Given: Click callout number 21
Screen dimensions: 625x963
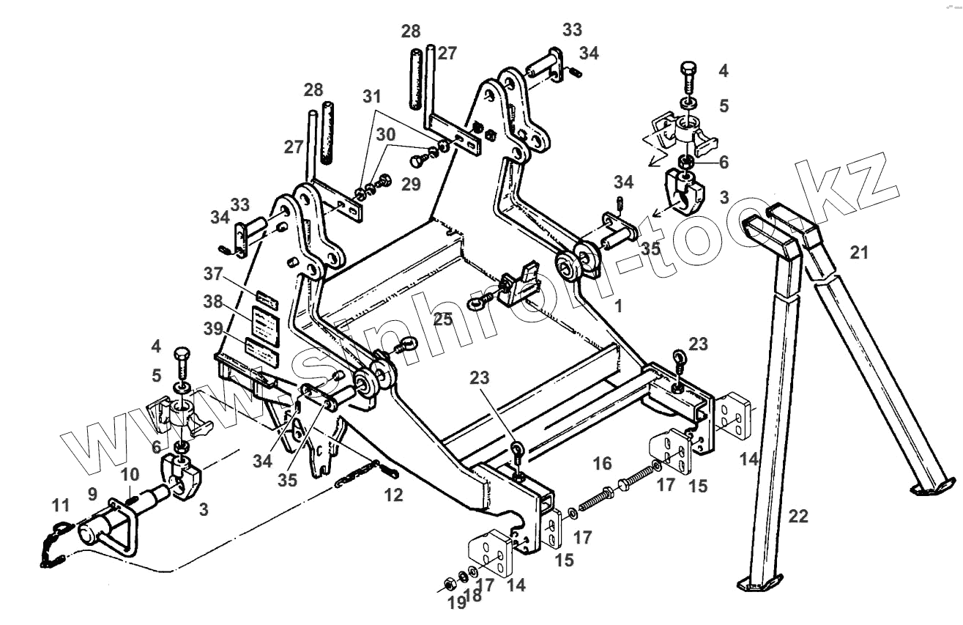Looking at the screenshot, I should tap(858, 253).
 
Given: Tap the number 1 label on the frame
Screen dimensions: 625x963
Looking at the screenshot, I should tap(618, 306).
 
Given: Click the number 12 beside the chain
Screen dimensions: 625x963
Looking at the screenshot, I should tap(393, 495).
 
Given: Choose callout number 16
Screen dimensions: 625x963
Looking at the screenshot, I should tap(602, 463).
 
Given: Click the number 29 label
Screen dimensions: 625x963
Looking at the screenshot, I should tap(411, 184).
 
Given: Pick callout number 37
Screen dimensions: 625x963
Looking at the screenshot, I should tap(213, 273).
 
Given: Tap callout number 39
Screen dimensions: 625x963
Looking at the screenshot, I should tap(213, 330).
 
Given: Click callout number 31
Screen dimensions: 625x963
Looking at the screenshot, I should tap(372, 96).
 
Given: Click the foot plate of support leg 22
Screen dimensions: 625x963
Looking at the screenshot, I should tap(754, 583).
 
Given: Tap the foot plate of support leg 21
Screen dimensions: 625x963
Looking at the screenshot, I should tap(932, 485).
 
